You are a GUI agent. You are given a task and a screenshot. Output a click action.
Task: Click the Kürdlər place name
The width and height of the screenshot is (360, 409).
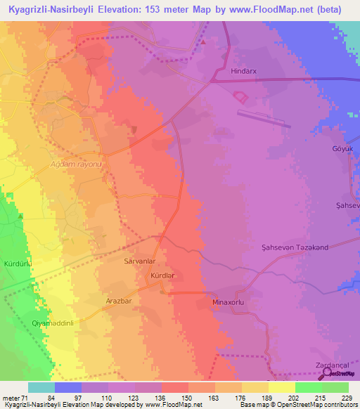pyautogui.click(x=162, y=276)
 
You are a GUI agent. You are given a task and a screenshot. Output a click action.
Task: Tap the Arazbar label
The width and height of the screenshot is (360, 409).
pyautogui.click(x=119, y=301)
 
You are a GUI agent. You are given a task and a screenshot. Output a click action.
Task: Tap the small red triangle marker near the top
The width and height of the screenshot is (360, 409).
pyautogui.click(x=203, y=42)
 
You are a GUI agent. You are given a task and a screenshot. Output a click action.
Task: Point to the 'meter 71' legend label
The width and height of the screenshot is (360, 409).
pyautogui.click(x=15, y=398)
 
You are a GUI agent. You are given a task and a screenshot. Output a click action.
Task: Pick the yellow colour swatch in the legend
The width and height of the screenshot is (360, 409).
pyautogui.click(x=281, y=387)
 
